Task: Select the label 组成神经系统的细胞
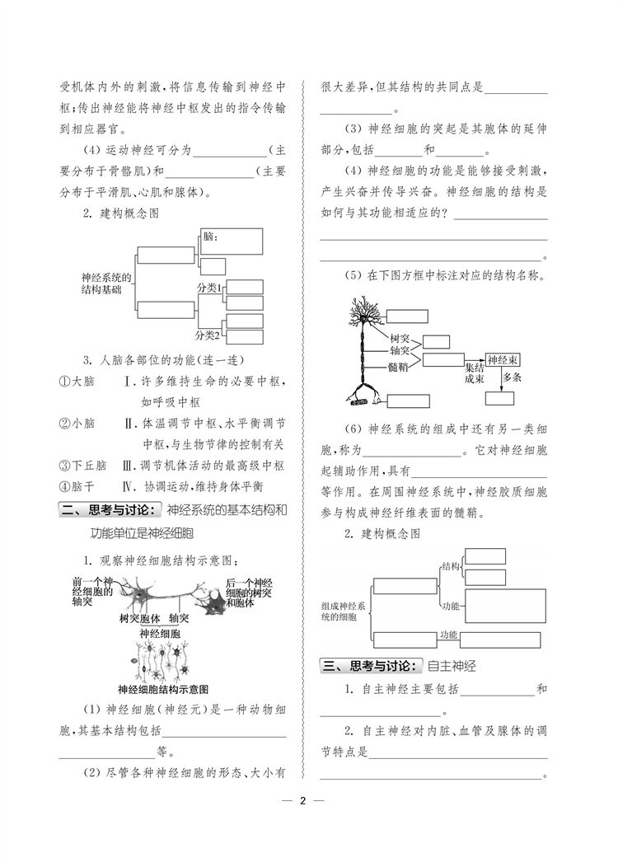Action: click(345, 612)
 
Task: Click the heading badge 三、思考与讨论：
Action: click(371, 666)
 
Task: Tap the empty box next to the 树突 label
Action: click(437, 341)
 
